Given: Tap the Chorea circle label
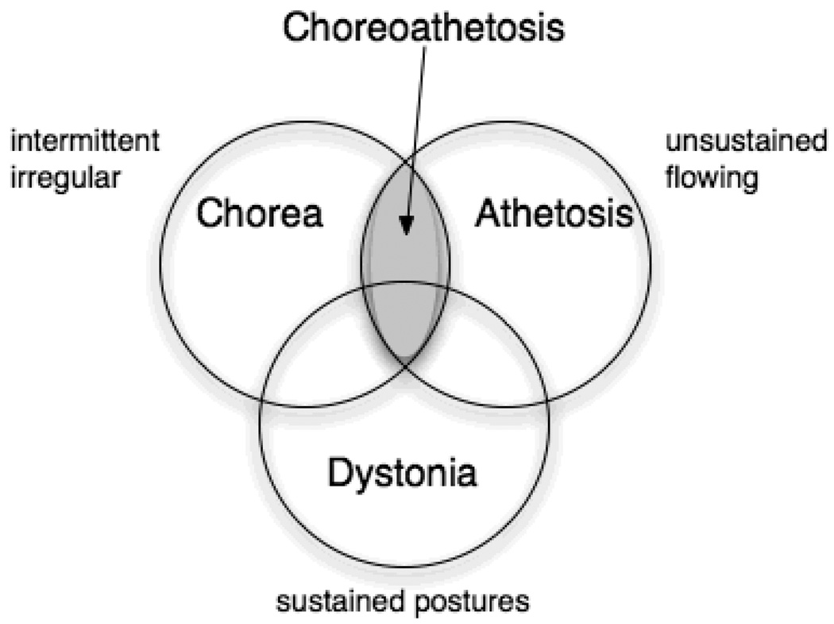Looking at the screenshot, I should pyautogui.click(x=260, y=213).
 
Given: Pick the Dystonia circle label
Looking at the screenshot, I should pyautogui.click(x=403, y=475).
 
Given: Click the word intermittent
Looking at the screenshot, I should pyautogui.click(x=83, y=143).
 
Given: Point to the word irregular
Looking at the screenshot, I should pyautogui.click(x=65, y=177).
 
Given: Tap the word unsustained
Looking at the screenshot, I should pyautogui.click(x=744, y=143).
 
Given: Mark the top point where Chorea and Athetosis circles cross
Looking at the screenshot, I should pyautogui.click(x=405, y=159).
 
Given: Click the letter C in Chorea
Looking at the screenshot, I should pyautogui.click(x=210, y=213).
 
